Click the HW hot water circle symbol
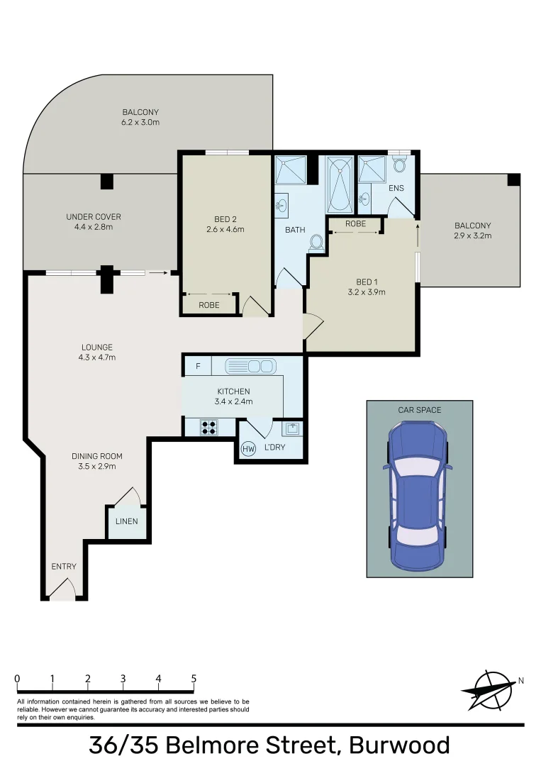(248, 448)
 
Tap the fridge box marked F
(198, 366)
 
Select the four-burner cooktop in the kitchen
(209, 427)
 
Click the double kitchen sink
(250, 366)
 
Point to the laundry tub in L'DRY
(293, 428)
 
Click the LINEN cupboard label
(128, 522)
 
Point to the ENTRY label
(64, 567)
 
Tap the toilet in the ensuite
(398, 166)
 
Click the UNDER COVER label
(94, 217)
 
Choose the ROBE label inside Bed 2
(209, 305)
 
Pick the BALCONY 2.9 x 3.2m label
(472, 231)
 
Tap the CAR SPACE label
(419, 410)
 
